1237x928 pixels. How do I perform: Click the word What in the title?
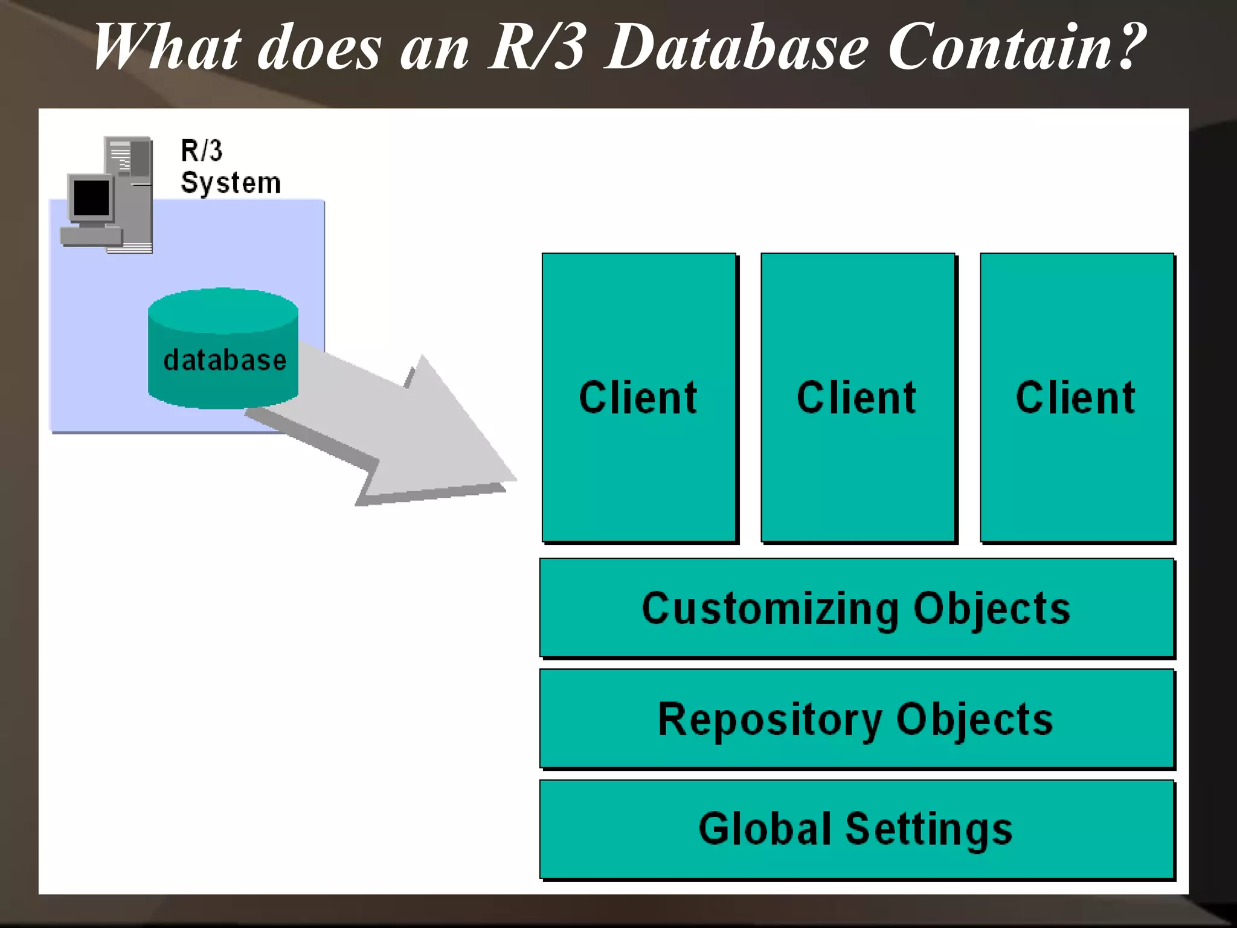tap(166, 47)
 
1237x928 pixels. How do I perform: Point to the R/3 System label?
tap(230, 167)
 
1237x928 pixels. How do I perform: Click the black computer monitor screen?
tap(91, 198)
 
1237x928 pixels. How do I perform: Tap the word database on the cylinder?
tap(225, 361)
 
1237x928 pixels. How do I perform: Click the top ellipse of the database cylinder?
tap(223, 311)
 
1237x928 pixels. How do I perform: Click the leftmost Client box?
tap(638, 398)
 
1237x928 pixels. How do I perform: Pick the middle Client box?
tap(857, 398)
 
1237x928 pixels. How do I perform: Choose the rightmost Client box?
tap(1076, 398)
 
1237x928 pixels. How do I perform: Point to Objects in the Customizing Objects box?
tap(992, 609)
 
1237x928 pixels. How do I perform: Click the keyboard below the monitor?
tap(91, 236)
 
